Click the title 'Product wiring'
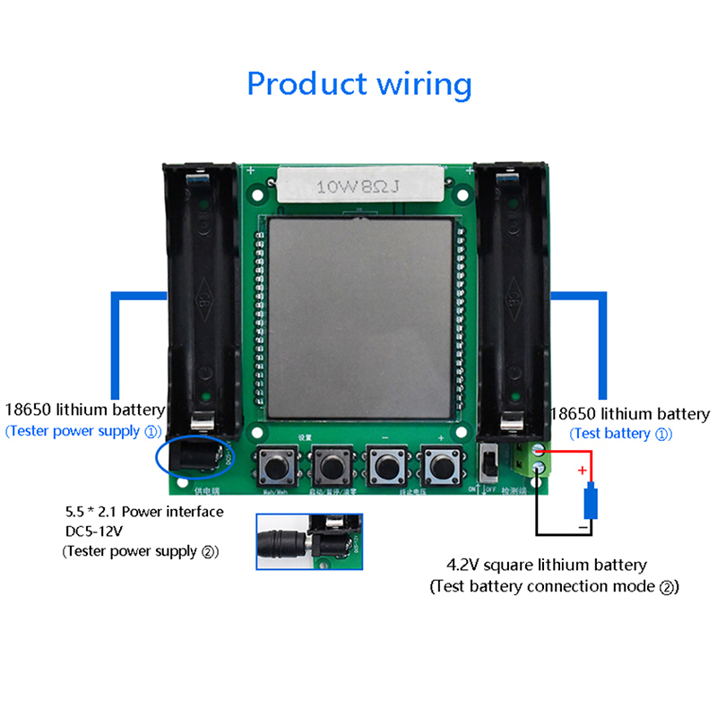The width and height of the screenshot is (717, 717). coord(358,84)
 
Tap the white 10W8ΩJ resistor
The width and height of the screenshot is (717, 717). coord(359,186)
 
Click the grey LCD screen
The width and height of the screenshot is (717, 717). coord(358,318)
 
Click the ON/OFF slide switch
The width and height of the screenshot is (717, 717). coord(489,462)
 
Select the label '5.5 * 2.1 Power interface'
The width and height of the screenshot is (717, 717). coord(139,512)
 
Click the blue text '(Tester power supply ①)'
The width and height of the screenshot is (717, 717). coord(85,431)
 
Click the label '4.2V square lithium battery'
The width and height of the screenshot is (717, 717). coord(547,566)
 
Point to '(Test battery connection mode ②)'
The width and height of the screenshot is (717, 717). coord(554,587)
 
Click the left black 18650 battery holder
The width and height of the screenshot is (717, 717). coord(203,296)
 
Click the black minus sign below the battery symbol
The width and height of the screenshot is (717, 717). coord(583,530)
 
